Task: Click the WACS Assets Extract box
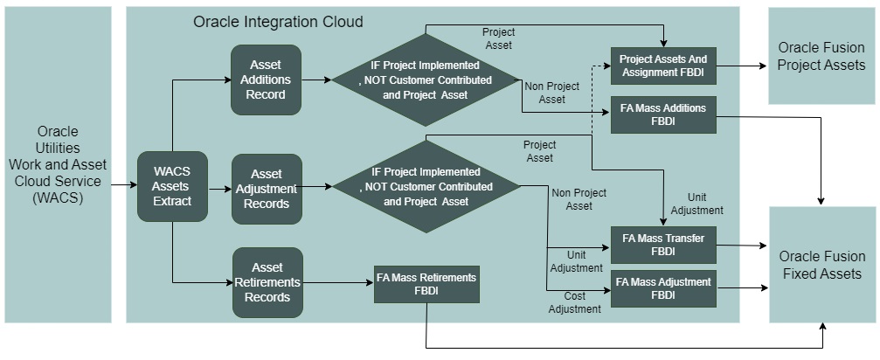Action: [x=172, y=185]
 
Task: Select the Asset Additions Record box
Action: [x=267, y=80]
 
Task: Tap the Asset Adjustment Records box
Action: [x=267, y=189]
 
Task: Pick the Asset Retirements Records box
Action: [x=267, y=282]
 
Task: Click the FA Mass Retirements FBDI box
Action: [x=426, y=284]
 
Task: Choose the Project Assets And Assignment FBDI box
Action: [x=662, y=66]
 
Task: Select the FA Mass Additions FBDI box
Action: [x=663, y=114]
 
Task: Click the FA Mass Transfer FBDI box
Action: [x=663, y=244]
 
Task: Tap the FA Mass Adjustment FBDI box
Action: [x=663, y=288]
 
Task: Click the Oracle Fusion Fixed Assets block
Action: [x=821, y=265]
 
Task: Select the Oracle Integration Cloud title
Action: [x=278, y=21]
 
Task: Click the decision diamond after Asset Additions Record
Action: [x=426, y=80]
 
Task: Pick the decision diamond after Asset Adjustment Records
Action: [x=426, y=186]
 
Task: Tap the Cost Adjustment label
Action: [x=574, y=302]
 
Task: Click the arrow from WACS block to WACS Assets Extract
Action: [x=124, y=185]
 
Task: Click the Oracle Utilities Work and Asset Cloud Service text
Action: [x=58, y=164]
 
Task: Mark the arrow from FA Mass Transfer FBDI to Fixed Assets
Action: [x=742, y=246]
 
